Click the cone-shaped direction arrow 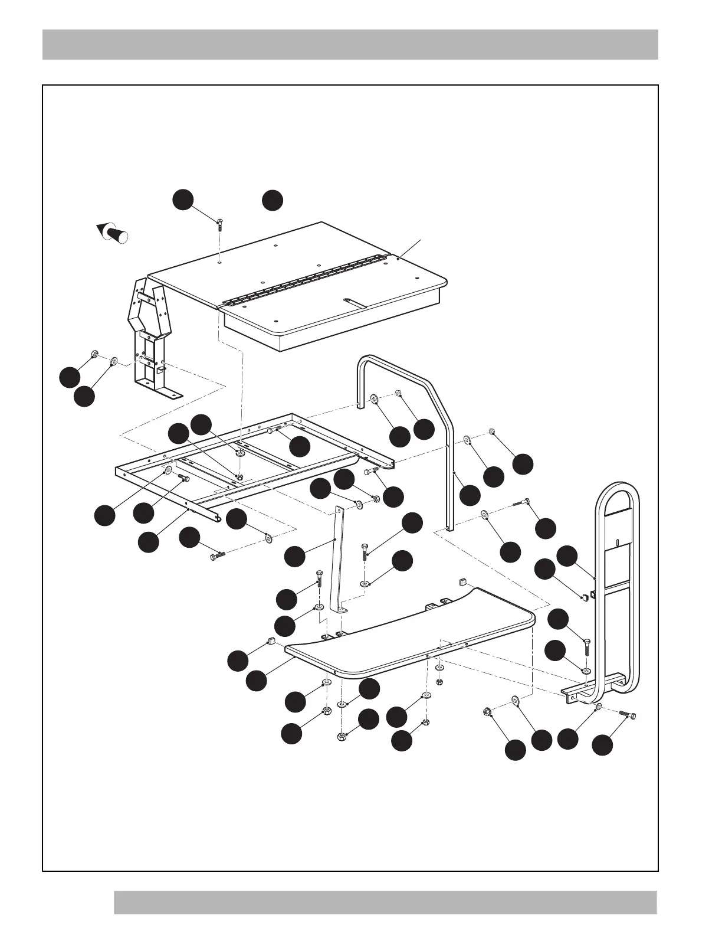tap(112, 232)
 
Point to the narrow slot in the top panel tap(357, 302)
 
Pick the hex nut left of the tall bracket tap(94, 355)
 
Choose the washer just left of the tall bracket tap(114, 359)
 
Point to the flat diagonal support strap tap(340, 561)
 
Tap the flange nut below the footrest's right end tap(488, 712)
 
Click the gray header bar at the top tap(350, 44)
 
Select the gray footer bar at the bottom tap(385, 902)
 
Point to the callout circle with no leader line tap(272, 200)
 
